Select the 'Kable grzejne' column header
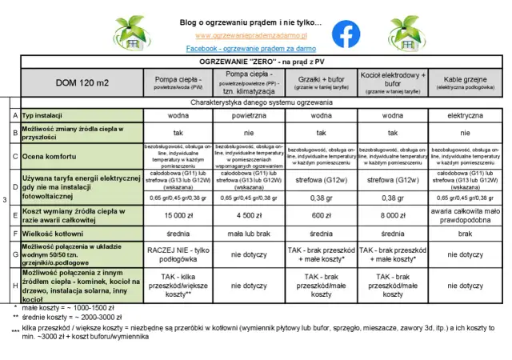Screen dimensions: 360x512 [x=464, y=82]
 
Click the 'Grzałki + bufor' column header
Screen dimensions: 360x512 [x=321, y=82]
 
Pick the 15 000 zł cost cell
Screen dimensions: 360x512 [x=178, y=214]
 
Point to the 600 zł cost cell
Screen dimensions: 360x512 [x=321, y=214]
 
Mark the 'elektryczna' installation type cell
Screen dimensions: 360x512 [x=464, y=116]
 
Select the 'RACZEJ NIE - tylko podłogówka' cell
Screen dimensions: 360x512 [x=178, y=254]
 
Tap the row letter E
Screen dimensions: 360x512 [x=15, y=214]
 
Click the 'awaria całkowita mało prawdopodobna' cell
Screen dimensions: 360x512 [x=464, y=214]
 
